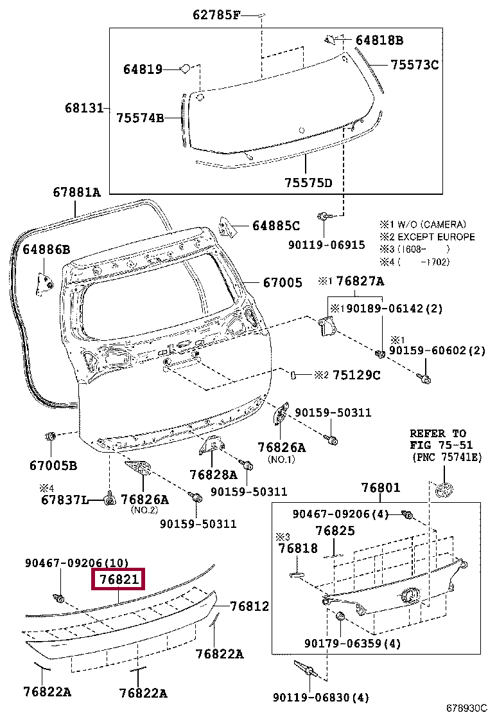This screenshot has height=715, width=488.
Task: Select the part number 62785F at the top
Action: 216,15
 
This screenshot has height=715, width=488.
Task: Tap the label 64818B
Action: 379,41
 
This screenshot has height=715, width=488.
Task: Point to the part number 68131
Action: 83,108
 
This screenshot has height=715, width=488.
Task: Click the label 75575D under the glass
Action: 308,183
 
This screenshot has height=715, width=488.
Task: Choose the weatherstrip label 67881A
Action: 76,192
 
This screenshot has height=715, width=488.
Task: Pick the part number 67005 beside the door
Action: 281,282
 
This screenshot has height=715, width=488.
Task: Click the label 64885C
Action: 275,226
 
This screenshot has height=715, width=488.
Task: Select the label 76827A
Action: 360,281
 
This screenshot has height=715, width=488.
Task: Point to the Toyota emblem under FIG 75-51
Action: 444,490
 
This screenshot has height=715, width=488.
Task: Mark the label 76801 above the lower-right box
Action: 380,487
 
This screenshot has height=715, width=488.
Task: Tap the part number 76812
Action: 249,606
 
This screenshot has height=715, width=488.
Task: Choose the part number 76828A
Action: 213,475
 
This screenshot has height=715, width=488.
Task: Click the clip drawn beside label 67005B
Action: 50,437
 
